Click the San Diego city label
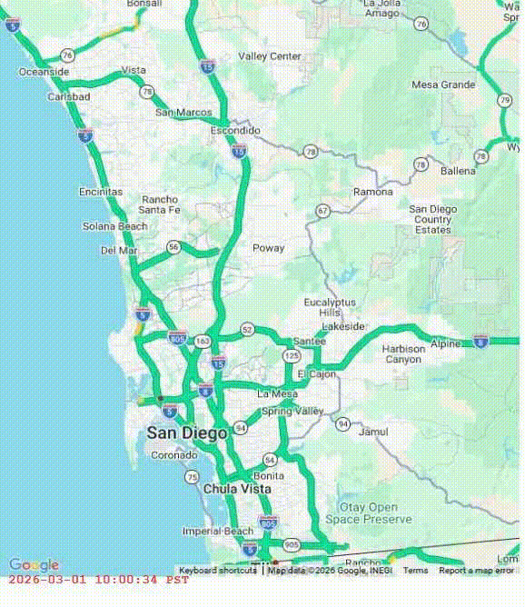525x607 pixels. pos(186,433)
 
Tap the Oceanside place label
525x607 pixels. pos(44,72)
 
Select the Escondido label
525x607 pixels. pos(235,131)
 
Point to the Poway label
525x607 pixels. pos(268,248)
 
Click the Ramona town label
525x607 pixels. pos(373,193)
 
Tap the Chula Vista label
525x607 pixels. pos(237,489)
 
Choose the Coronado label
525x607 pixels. pos(173,455)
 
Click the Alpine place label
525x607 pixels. pos(445,343)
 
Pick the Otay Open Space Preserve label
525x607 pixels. pos(368,512)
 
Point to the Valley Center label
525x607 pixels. pos(270,56)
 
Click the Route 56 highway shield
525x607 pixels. pos(173,246)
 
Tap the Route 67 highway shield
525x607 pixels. pos(322,210)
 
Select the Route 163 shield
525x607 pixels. pos(202,341)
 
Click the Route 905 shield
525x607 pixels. pos(291,544)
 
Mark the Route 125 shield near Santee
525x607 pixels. pos(292,355)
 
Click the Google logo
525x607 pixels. pos(34,565)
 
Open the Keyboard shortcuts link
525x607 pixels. pos(217,571)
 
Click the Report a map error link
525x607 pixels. pos(477,571)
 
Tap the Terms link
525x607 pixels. pos(415,571)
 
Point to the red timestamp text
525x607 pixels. pos(98,580)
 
